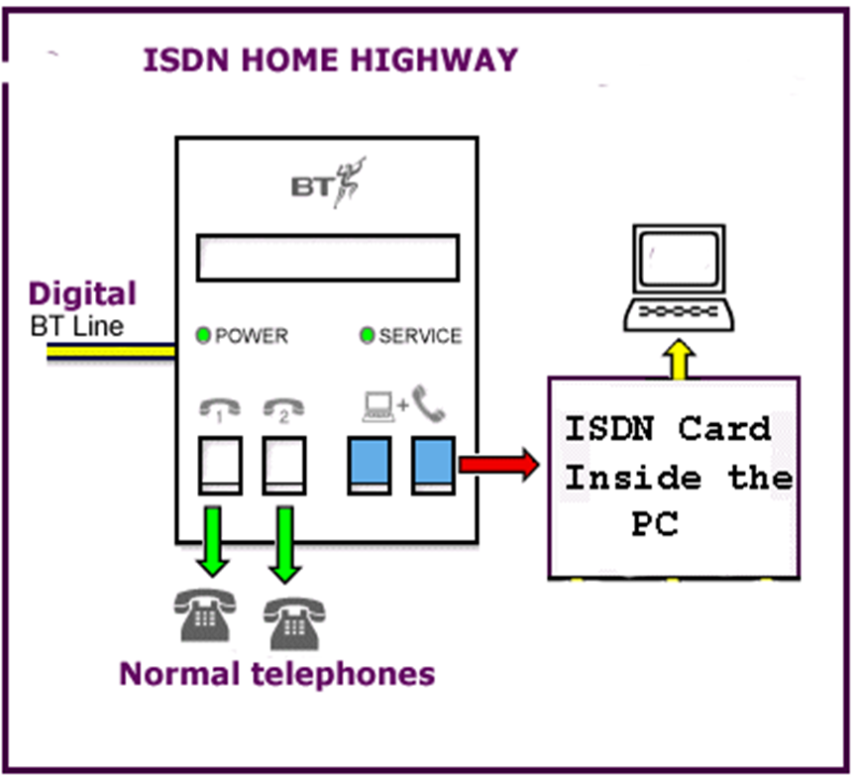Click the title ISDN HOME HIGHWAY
[x=330, y=60]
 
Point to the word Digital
[x=82, y=293]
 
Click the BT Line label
[x=77, y=326]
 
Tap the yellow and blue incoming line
[x=109, y=352]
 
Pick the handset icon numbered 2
[x=281, y=410]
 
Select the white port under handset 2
[x=281, y=463]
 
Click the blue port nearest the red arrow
[x=433, y=463]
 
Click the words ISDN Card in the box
[x=667, y=430]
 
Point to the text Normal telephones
[x=276, y=674]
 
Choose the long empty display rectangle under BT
[x=328, y=257]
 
